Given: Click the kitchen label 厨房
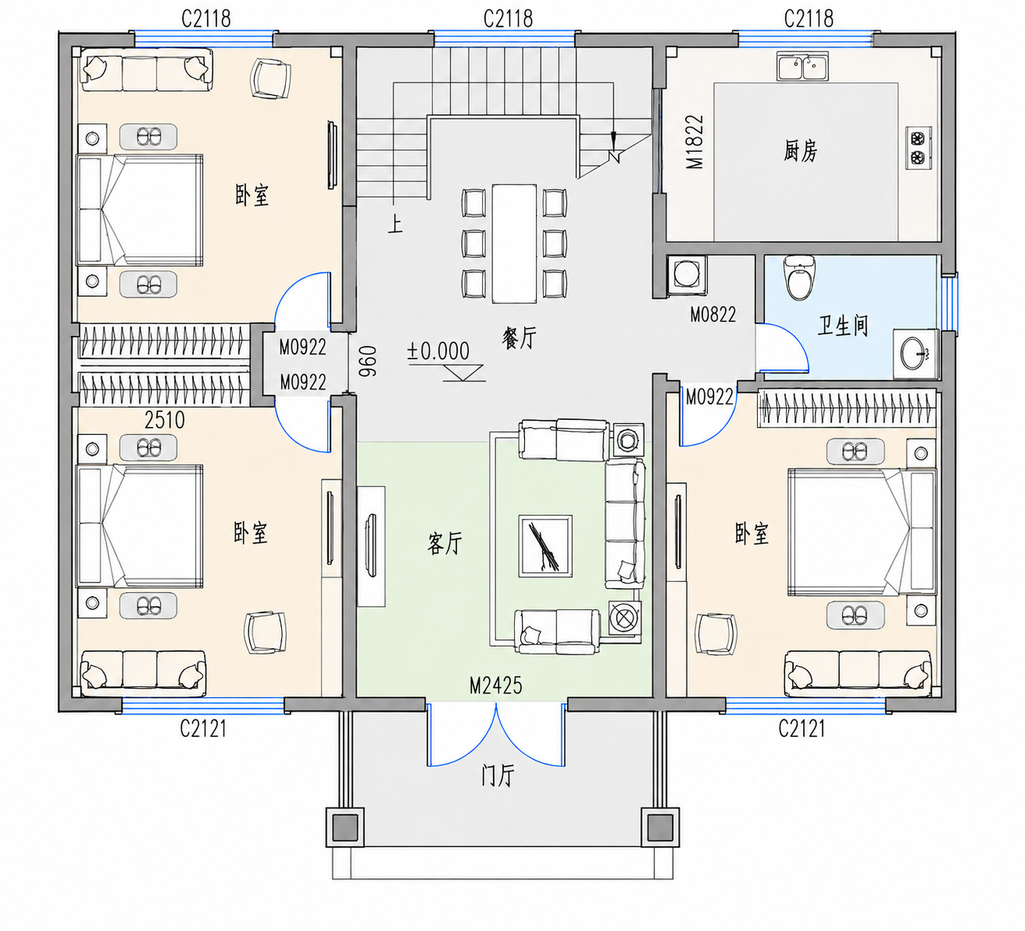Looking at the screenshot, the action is point(800,151).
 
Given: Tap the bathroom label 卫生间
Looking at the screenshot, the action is point(843,326).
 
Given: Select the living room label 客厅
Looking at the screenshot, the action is point(445,543).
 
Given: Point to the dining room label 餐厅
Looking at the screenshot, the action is point(520,338).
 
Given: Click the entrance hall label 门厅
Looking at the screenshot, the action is point(498,775).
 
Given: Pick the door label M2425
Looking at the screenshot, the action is point(495,686).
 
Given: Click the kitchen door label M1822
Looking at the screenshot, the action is point(695,142).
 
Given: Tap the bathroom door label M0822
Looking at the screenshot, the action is point(713,315).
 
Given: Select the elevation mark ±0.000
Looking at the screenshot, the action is point(439,351).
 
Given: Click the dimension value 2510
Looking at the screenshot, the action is point(164,420).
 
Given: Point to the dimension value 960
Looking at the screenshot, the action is point(368,361).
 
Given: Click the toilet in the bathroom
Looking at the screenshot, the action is point(799,277).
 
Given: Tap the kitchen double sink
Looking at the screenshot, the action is point(803,66).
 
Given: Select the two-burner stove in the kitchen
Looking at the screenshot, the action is point(919,147).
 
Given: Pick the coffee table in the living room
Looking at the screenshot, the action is point(545,546).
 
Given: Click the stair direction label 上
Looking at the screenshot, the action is point(395,224).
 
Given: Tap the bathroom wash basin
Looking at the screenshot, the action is point(916,354).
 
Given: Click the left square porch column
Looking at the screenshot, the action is point(345,827).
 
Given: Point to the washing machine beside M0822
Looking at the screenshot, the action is point(687,275).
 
